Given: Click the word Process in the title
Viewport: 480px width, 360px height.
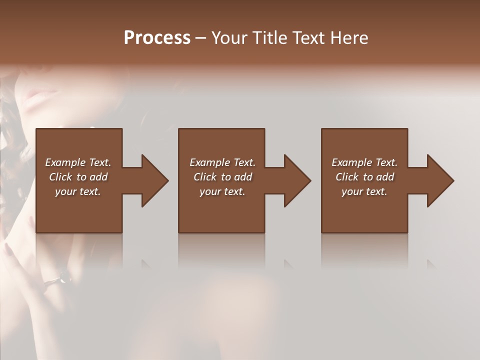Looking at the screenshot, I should click(157, 37).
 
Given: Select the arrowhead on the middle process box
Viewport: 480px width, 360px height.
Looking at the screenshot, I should click(297, 180).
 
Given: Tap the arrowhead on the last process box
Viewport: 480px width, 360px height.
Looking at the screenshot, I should click(440, 180).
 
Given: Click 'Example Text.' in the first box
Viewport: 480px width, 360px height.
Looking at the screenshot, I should click(78, 162).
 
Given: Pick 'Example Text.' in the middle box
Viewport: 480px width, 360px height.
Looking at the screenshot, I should click(222, 162).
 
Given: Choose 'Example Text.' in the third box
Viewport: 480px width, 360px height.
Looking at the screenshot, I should click(364, 162).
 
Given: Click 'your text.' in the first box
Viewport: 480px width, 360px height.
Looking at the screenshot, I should click(78, 191).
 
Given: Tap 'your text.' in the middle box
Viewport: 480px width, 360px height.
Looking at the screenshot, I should click(222, 191).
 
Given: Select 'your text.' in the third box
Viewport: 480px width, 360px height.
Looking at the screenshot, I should click(364, 191).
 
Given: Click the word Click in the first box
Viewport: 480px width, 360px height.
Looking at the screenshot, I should click(60, 177).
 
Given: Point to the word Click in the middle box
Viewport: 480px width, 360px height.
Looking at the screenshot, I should click(205, 177).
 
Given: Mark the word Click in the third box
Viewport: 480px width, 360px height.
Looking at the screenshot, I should click(347, 177).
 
